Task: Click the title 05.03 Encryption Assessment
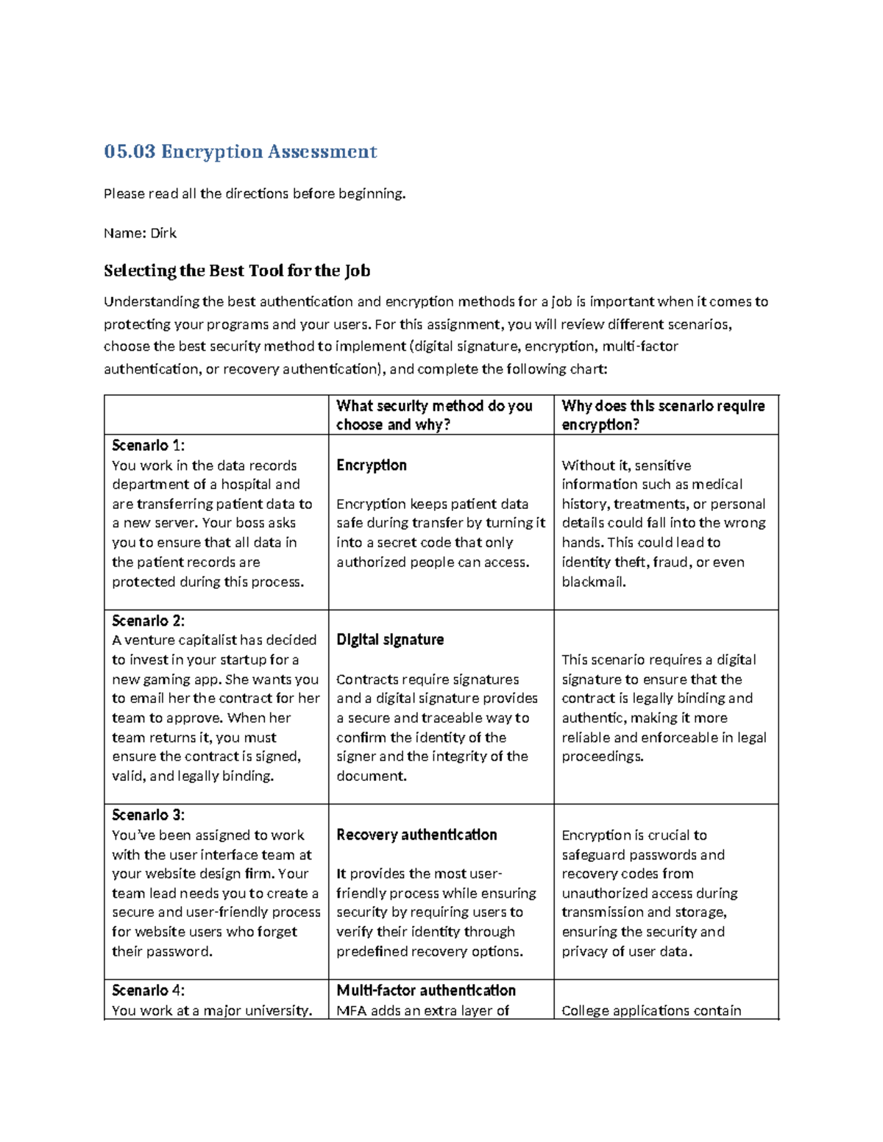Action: [240, 151]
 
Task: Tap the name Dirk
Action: [163, 233]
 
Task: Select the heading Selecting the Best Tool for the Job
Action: [236, 271]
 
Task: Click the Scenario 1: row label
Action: [148, 446]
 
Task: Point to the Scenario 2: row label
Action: [148, 621]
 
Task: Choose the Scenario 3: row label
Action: [148, 815]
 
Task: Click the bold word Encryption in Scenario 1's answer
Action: [371, 465]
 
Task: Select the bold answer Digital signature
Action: [390, 640]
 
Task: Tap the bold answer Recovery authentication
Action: [416, 835]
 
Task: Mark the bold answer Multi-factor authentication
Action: [425, 990]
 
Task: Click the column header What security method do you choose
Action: [434, 415]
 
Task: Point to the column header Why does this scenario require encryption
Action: [662, 415]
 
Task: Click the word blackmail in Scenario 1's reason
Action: [592, 582]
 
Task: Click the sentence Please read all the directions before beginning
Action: [255, 194]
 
